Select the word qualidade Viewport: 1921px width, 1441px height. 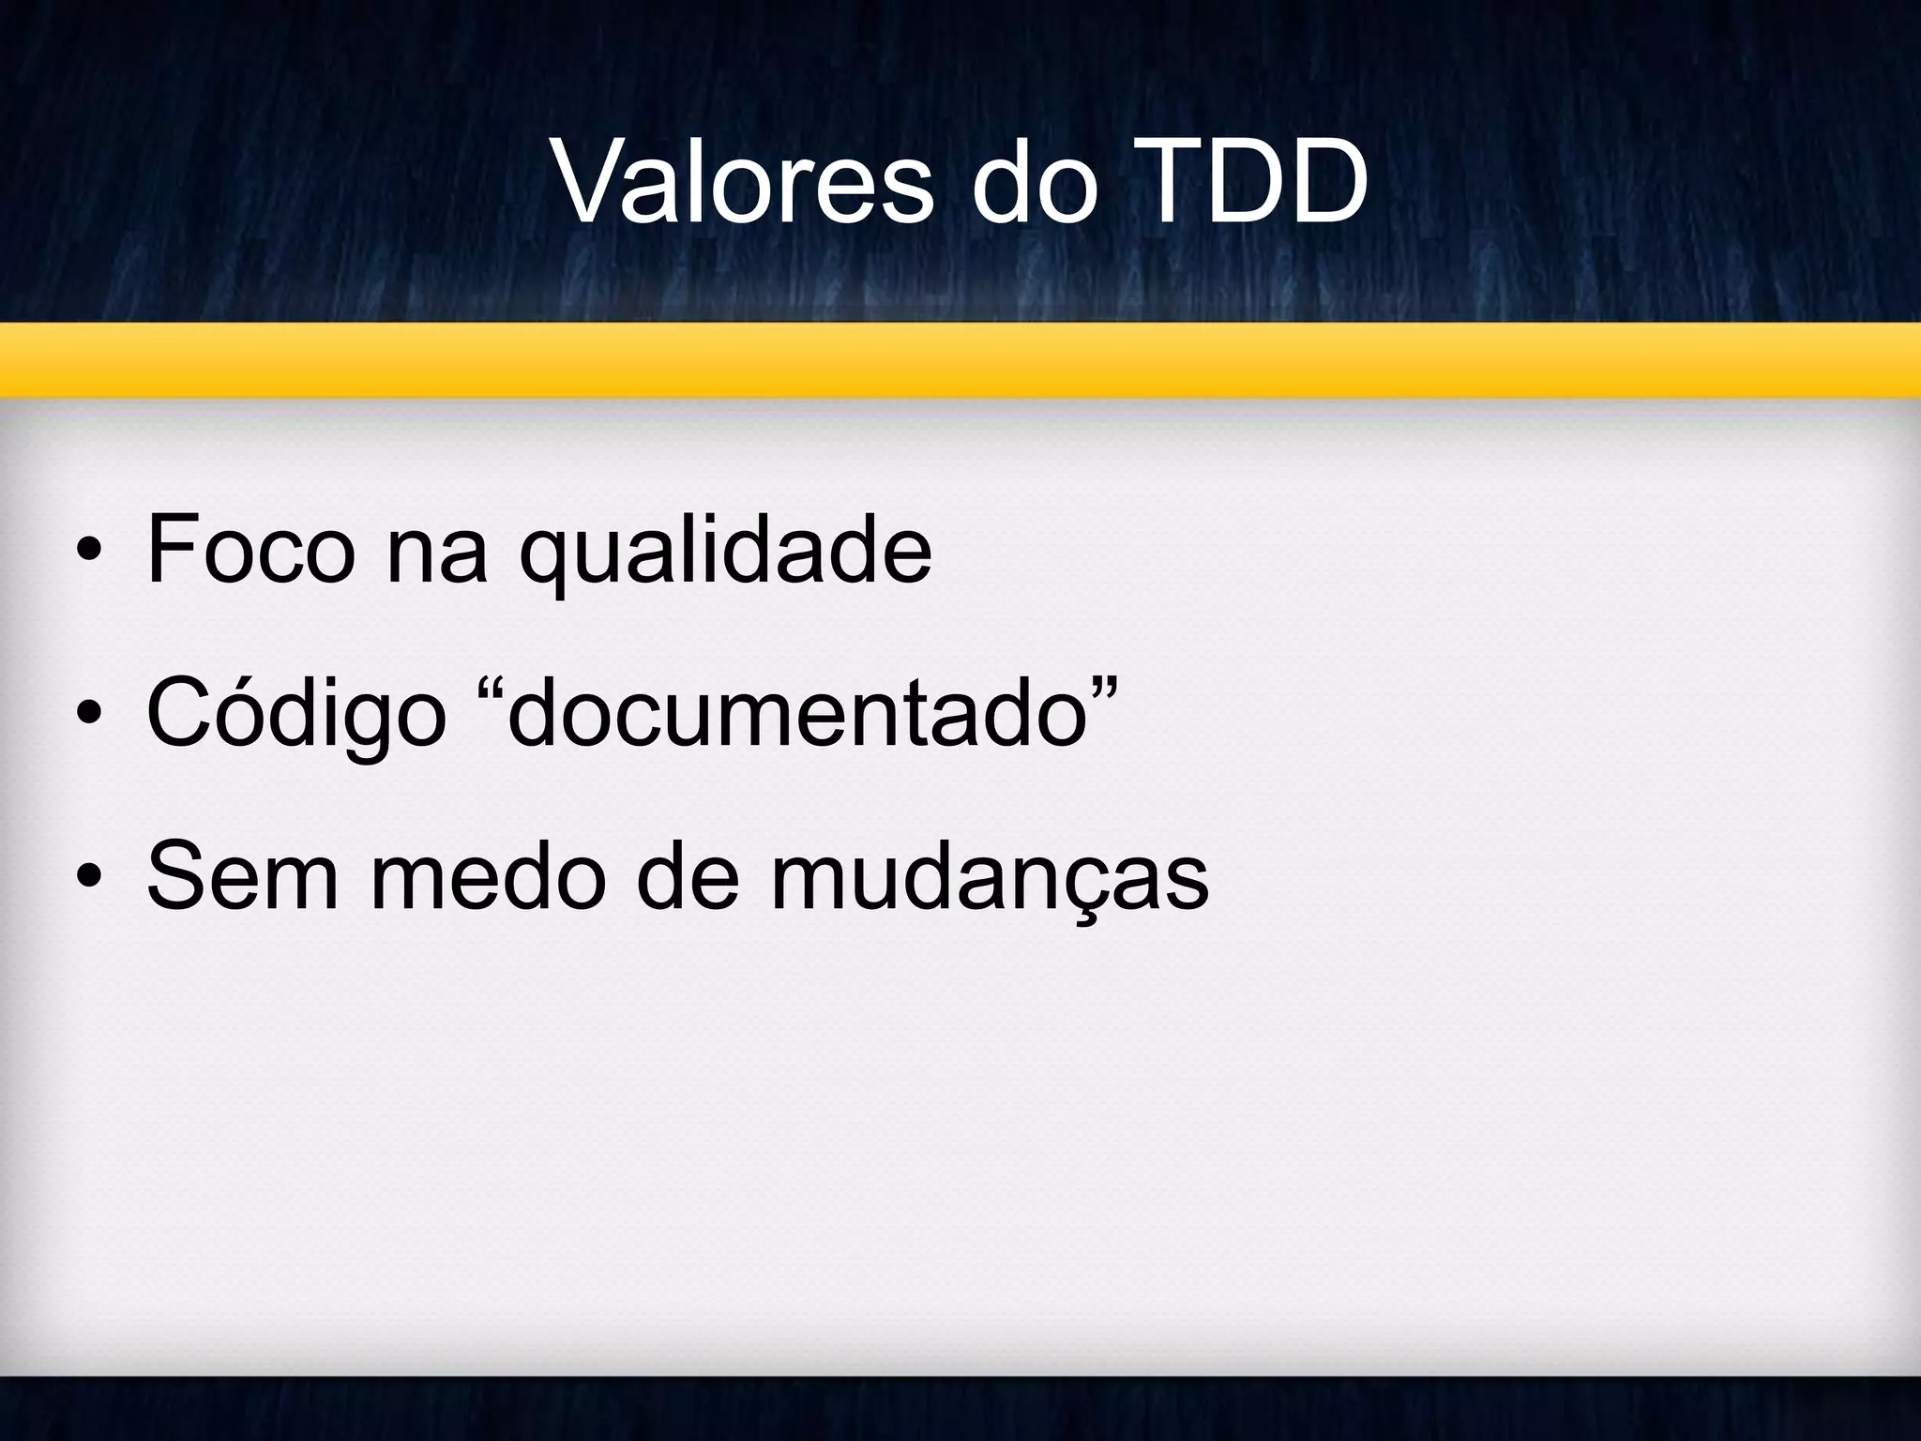click(x=725, y=554)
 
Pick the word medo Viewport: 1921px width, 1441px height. click(x=488, y=877)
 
